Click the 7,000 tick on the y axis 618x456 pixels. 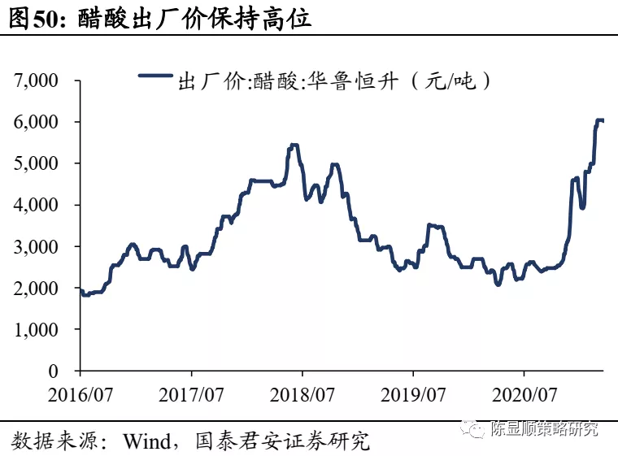pos(37,80)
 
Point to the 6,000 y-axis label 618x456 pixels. pos(37,122)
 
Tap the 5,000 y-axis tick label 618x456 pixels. pos(37,163)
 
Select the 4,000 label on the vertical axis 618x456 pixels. pos(37,205)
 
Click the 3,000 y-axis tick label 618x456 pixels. pos(37,246)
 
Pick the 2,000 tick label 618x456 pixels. pos(37,288)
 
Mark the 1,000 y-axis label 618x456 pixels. pos(37,329)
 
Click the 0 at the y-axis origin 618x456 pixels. pos(53,371)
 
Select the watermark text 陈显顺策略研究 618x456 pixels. pos(545,429)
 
